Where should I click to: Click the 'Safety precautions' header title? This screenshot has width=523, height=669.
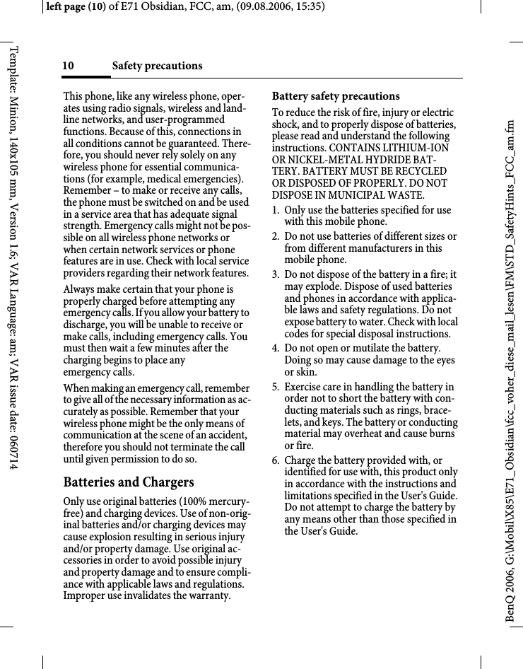(x=157, y=66)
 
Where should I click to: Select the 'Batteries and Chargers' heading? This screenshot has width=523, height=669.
(x=129, y=482)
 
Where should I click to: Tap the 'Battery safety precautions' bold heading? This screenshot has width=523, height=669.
(x=336, y=96)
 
